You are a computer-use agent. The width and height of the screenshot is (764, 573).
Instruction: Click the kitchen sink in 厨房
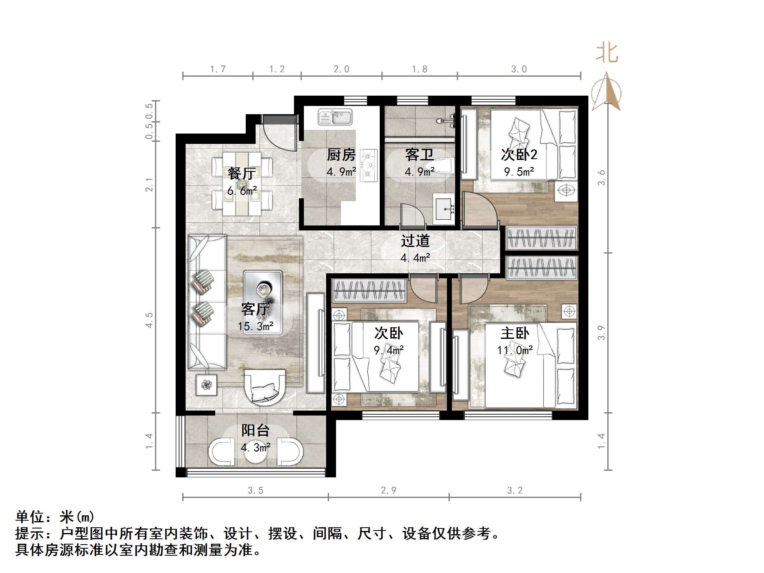[x=335, y=117]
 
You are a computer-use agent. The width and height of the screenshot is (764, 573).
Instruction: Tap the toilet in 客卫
[x=441, y=166]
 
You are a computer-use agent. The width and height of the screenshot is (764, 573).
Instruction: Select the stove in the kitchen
[x=369, y=165]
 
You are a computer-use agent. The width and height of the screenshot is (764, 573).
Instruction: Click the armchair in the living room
[x=264, y=387]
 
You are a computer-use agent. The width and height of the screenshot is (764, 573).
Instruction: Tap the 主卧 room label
[x=515, y=333]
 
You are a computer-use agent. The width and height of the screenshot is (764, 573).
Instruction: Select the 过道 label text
[x=415, y=241]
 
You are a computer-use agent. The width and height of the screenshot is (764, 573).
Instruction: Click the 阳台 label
[x=255, y=431]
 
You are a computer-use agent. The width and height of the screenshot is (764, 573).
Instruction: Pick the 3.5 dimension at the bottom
[x=255, y=491]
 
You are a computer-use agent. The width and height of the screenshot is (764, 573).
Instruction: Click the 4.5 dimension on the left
[x=149, y=320]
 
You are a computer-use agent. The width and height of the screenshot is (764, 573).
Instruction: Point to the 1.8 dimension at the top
[x=419, y=69]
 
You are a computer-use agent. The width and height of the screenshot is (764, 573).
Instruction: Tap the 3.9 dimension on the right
[x=601, y=333]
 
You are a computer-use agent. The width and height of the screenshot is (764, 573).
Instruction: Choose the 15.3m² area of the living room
[x=255, y=326]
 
